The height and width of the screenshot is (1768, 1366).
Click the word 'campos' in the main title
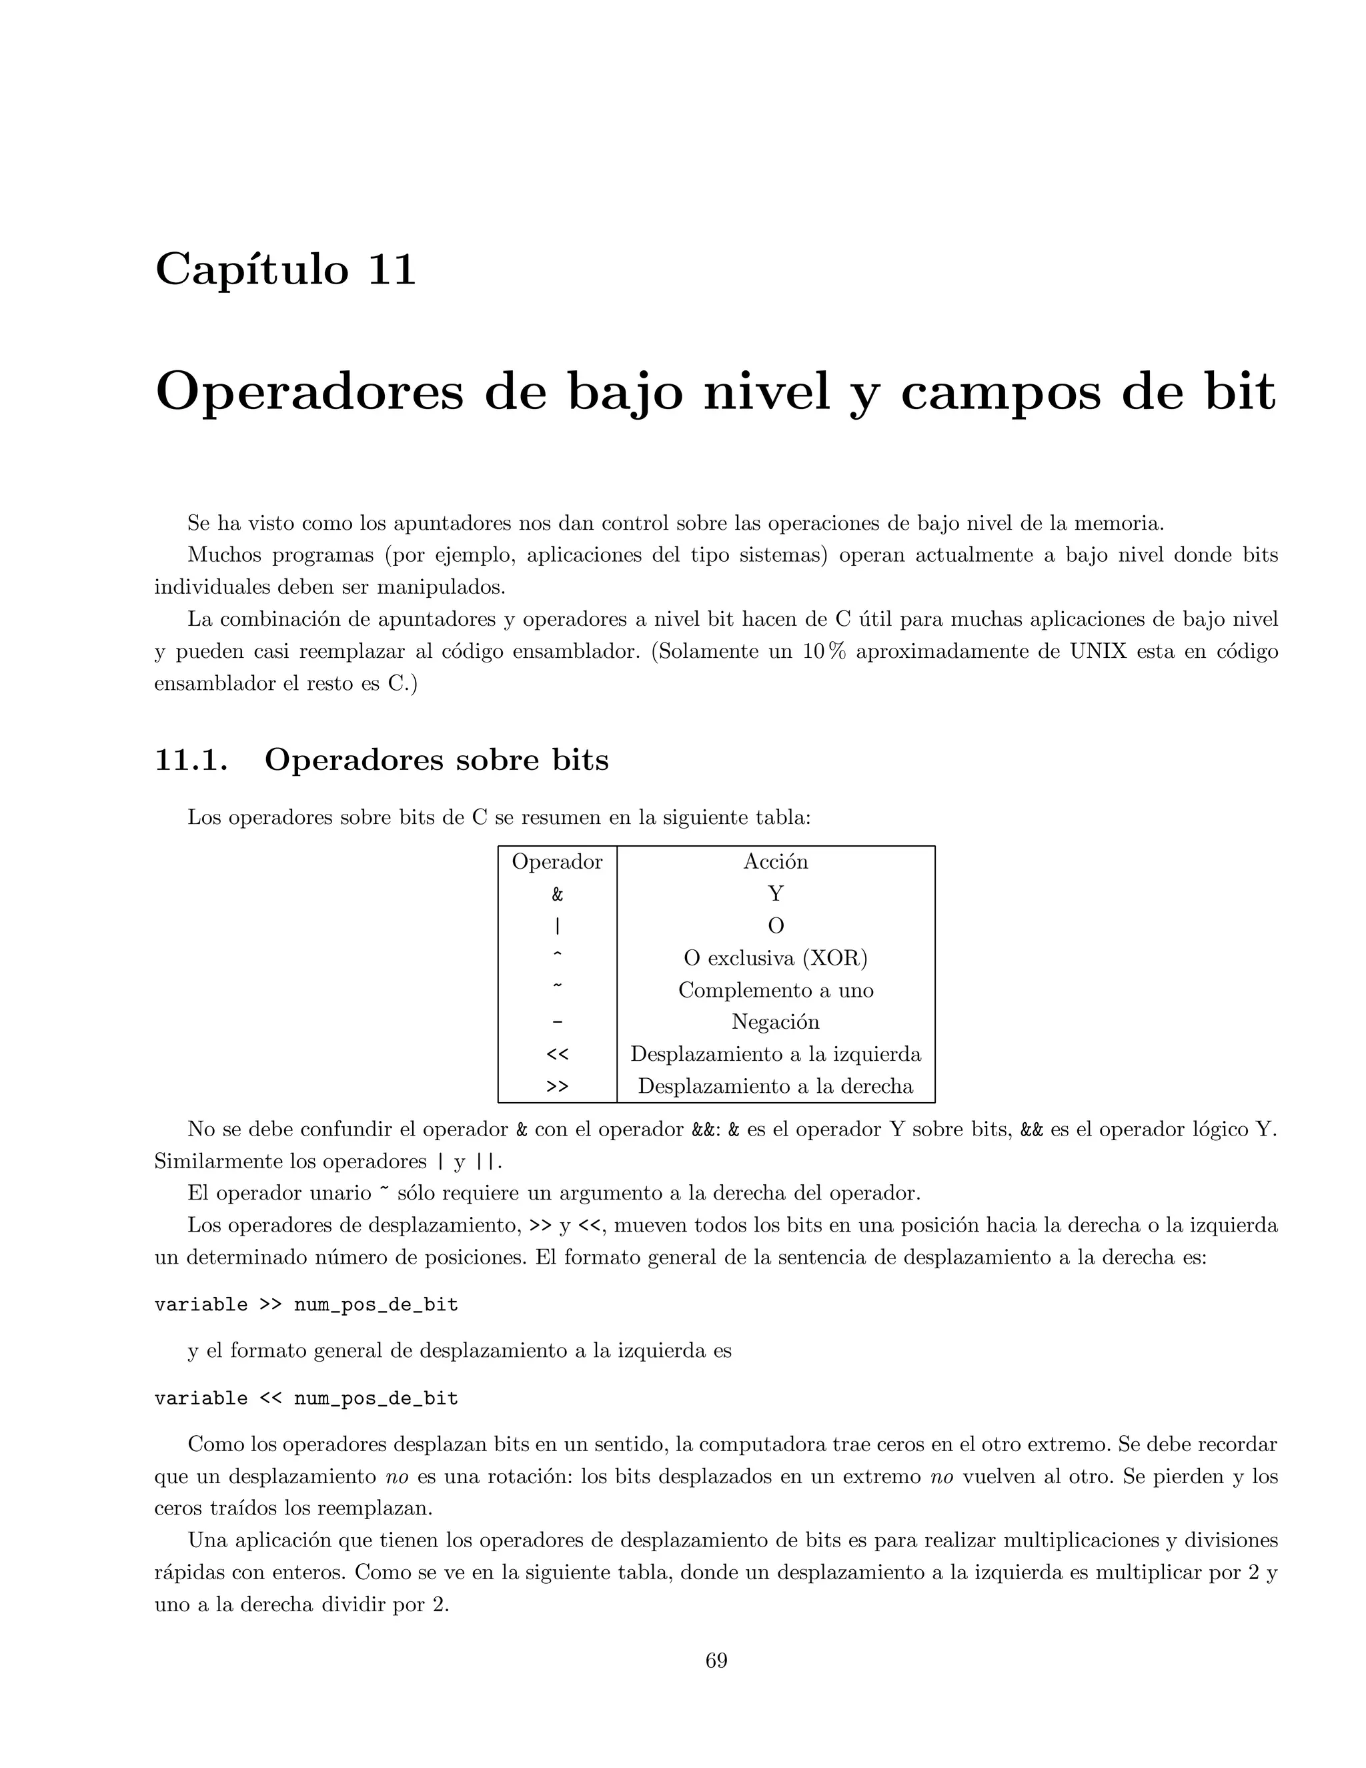[x=1001, y=392]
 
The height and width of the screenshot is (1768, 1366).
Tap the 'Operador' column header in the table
[x=557, y=861]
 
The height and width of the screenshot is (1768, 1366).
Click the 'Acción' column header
[x=775, y=861]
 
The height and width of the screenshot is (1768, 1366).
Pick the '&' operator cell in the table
[x=557, y=894]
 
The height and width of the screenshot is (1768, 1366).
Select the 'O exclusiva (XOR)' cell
[x=775, y=957]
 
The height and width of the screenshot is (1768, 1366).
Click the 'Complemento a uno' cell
[x=775, y=990]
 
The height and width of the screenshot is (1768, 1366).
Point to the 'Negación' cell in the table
[x=775, y=1021]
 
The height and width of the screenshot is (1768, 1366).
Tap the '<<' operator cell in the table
[x=557, y=1054]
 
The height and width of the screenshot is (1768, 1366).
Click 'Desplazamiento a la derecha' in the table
[x=775, y=1085]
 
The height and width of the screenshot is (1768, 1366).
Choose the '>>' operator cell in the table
[x=557, y=1086]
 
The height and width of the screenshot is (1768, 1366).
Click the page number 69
[x=716, y=1661]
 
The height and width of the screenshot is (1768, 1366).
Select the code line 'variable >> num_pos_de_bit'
[x=306, y=1305]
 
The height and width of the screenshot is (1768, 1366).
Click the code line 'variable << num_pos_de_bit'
[x=306, y=1398]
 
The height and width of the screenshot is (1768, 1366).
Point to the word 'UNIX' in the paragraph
[x=1098, y=652]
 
